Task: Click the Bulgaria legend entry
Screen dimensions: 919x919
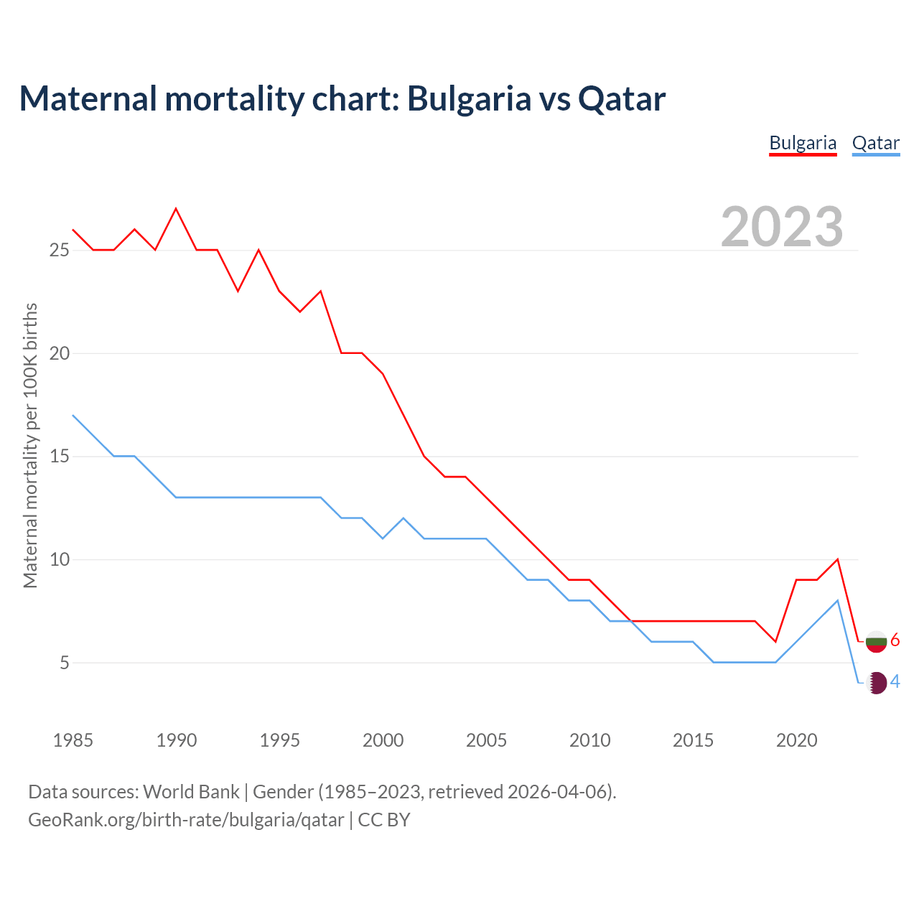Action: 803,143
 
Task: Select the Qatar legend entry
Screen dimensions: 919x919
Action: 875,143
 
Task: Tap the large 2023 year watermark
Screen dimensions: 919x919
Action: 781,227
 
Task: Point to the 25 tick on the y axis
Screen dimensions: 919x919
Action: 59,251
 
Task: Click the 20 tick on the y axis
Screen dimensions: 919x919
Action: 59,353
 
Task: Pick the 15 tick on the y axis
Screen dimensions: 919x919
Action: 59,457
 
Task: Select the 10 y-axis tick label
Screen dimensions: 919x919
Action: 59,559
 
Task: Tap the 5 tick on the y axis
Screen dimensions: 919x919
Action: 65,663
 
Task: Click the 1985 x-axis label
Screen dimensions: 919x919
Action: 73,740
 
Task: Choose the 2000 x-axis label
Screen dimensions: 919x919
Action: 383,740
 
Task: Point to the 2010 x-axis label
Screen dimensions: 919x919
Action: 589,740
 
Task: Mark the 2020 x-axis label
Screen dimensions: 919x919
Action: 796,740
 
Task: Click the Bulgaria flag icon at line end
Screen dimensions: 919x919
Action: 876,641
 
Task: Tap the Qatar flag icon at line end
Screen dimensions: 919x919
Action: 876,683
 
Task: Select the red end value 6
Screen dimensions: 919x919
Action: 895,640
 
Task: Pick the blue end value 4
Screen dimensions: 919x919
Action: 895,682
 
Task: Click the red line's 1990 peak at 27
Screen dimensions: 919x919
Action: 176,209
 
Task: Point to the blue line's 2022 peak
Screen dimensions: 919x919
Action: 837,600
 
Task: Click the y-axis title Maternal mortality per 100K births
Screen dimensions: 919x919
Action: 30,445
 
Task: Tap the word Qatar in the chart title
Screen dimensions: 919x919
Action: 622,98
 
